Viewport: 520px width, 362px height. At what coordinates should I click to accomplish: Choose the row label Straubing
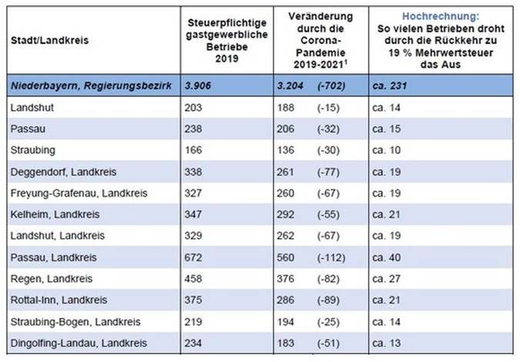click(32, 149)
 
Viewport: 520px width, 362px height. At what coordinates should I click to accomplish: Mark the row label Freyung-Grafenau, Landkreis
click(74, 192)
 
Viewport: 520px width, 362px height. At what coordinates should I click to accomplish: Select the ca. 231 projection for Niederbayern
click(392, 85)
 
